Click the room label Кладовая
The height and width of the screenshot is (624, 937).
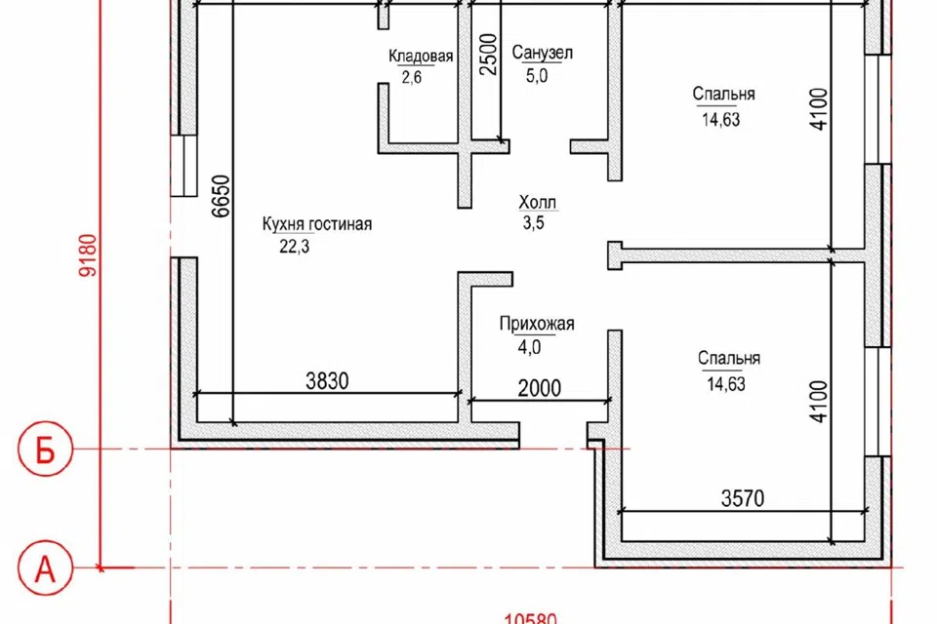point(421,57)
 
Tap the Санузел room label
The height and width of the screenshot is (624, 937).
point(543,54)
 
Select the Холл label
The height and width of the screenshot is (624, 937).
point(537,203)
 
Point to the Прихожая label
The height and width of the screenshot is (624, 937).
point(537,325)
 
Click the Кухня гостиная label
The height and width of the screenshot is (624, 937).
point(316,224)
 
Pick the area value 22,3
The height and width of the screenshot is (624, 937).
point(295,247)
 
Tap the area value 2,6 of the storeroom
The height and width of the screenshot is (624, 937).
point(412,77)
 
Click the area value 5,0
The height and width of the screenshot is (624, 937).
point(537,76)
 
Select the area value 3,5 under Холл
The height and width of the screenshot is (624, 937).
point(533,223)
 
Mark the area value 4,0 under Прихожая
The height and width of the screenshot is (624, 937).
point(529,347)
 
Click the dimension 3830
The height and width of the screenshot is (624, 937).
point(327,381)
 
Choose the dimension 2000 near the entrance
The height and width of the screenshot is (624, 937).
point(540,388)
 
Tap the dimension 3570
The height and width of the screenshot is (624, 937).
point(742,498)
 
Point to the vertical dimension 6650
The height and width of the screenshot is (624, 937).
point(222,196)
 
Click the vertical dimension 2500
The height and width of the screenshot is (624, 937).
point(488,55)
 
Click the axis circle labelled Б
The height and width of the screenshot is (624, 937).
point(46,449)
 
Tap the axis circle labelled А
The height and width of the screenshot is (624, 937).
point(46,567)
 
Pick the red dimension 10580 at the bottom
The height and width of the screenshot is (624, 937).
point(531,618)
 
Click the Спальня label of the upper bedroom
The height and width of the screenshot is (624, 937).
point(723,95)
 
